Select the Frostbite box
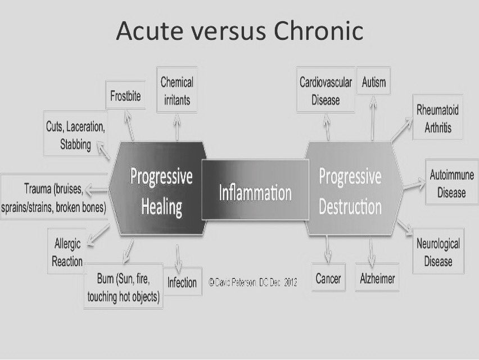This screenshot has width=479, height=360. tap(125, 97)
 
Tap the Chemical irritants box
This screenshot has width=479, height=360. tap(177, 91)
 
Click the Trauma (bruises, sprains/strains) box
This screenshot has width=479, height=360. tap(54, 197)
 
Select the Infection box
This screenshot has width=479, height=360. tap(182, 282)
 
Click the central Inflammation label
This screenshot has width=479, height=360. tap(255, 193)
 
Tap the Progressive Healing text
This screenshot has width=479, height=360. tap(161, 191)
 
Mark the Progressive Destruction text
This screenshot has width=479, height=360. tap(350, 191)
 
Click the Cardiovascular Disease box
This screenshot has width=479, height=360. tap(326, 91)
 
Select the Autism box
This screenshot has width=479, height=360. tap(374, 83)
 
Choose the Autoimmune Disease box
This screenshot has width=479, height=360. tap(451, 183)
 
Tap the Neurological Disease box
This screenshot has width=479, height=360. tap(438, 253)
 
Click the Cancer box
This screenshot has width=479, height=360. tap(328, 278)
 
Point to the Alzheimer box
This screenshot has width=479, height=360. tap(378, 278)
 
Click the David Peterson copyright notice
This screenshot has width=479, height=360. tap(252, 282)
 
